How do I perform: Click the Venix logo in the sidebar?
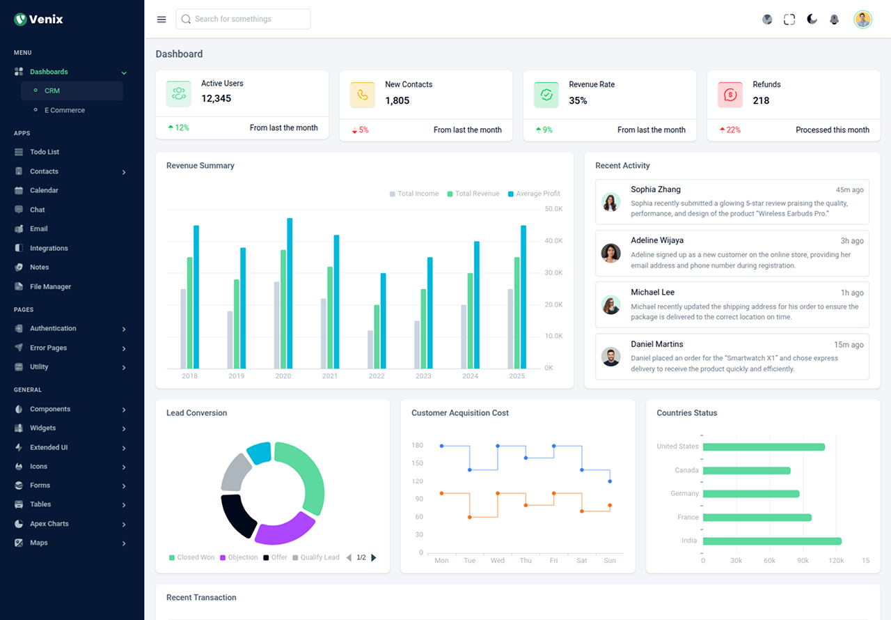click(x=39, y=20)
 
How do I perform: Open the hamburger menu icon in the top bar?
click(x=161, y=20)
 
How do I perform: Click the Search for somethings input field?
click(x=243, y=20)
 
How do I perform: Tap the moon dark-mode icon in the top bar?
click(x=812, y=20)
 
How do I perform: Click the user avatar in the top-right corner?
click(x=862, y=20)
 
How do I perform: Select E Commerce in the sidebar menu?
click(x=64, y=110)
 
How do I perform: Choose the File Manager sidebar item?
click(x=50, y=286)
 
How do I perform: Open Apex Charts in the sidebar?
click(x=49, y=524)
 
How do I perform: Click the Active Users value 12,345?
click(x=216, y=99)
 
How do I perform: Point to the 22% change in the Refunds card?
click(x=733, y=130)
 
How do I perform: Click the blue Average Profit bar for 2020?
click(x=290, y=293)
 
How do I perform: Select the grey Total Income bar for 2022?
click(x=370, y=349)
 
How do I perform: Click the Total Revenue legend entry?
click(x=477, y=194)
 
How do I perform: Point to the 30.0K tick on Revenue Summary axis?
click(x=553, y=273)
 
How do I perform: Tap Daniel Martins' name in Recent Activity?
click(x=656, y=344)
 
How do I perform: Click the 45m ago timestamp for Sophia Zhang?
click(x=849, y=190)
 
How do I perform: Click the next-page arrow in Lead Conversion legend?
click(x=374, y=557)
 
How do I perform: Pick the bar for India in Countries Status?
click(x=772, y=541)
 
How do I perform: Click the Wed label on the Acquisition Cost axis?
click(x=498, y=561)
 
